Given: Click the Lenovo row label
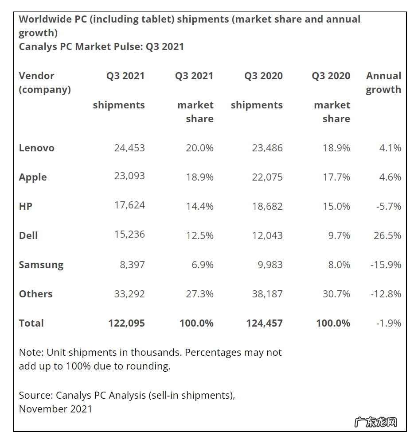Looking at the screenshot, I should [x=36, y=148].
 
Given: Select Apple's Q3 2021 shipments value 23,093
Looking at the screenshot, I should [x=129, y=176].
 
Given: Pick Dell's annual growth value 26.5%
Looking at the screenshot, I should [x=387, y=235].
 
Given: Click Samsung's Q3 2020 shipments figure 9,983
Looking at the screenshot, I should [x=267, y=265].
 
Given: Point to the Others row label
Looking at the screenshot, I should [x=35, y=294].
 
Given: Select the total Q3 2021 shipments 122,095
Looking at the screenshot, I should [x=126, y=323].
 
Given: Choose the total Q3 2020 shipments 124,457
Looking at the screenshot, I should [x=264, y=323].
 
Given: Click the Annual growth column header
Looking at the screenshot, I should [x=383, y=83].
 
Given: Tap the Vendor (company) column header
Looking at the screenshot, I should [x=45, y=83].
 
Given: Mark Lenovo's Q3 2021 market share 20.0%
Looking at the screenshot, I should [x=199, y=148].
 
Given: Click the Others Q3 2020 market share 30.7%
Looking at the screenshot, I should [x=336, y=294].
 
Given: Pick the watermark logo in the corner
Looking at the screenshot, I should [x=375, y=422].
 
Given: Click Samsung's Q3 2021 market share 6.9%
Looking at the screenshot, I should [x=203, y=265].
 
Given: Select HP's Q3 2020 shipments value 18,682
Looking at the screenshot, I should [x=267, y=206].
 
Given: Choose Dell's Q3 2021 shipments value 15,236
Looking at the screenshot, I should [x=129, y=235].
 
